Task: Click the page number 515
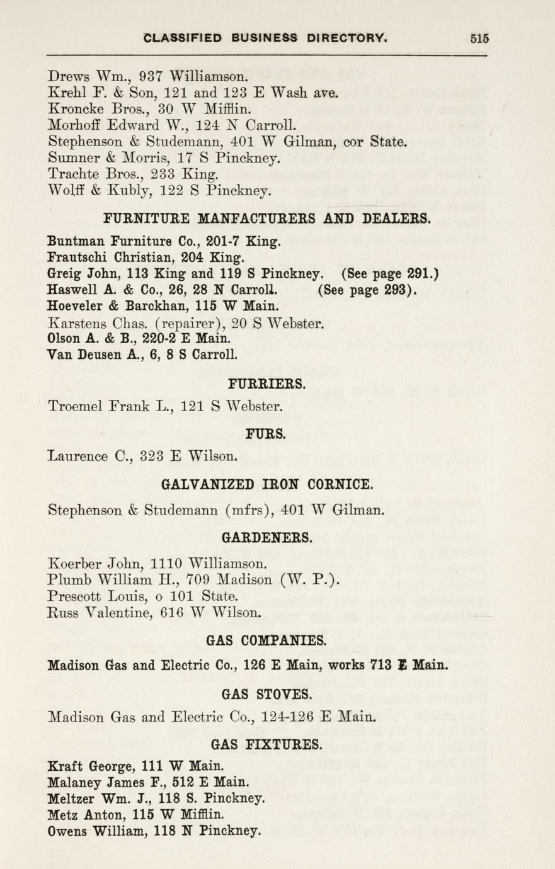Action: [x=479, y=37]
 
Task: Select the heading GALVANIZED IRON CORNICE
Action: [x=268, y=484]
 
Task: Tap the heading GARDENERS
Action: [x=267, y=538]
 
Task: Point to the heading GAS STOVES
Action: [x=267, y=694]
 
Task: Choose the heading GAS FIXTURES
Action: [x=266, y=744]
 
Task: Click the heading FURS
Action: [x=266, y=433]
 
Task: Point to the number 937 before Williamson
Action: [x=151, y=77]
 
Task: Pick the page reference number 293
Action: [x=396, y=290]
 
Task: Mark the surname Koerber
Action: [x=73, y=562]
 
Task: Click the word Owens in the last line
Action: [x=67, y=831]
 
